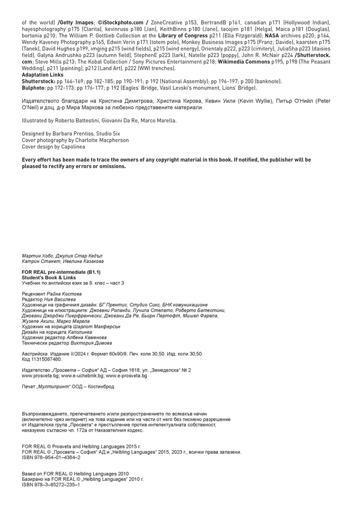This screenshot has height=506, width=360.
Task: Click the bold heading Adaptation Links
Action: pos(42,75)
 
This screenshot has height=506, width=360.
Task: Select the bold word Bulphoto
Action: pos(34,87)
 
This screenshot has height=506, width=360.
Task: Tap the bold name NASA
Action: pos(272,35)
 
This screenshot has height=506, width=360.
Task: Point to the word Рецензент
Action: pos(34,294)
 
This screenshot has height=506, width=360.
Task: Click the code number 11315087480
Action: pos(47,360)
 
